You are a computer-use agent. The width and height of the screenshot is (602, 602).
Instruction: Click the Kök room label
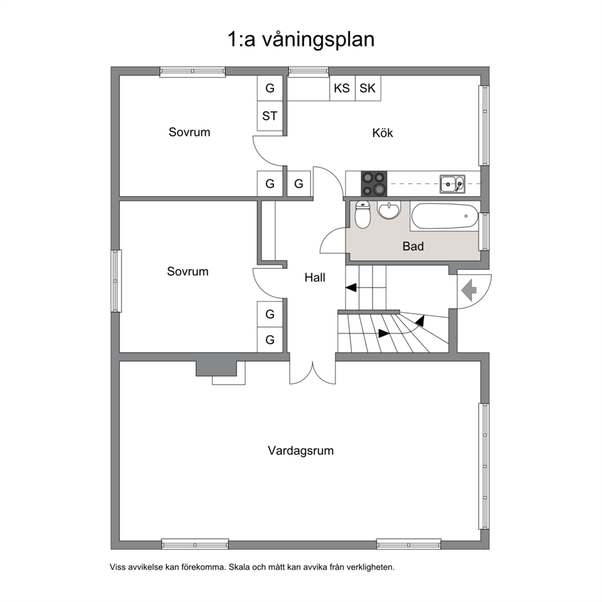[x=382, y=133]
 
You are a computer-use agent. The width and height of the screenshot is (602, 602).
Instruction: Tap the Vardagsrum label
[x=300, y=450]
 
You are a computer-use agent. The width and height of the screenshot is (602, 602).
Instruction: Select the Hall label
[x=315, y=277]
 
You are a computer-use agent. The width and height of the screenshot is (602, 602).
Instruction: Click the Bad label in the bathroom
[x=413, y=246]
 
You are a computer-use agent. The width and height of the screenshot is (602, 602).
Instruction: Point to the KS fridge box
[x=342, y=88]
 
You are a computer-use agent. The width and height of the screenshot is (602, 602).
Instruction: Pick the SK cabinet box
[x=368, y=88]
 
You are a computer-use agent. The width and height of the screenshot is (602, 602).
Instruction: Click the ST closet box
[x=270, y=116]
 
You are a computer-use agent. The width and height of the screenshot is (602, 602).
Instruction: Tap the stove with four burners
[x=374, y=183]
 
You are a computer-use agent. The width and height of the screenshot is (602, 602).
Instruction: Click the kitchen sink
[x=452, y=184]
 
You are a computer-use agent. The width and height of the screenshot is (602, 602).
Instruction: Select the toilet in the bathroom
[x=362, y=214]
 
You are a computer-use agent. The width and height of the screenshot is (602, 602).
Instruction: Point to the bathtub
[x=445, y=217]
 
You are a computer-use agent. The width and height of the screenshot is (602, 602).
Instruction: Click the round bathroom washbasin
[x=389, y=210]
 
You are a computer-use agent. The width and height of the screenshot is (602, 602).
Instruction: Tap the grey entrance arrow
[x=468, y=290]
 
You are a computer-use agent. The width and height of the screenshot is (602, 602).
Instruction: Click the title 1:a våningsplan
[x=301, y=39]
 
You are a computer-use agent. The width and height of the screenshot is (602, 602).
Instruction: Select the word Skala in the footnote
[x=238, y=567]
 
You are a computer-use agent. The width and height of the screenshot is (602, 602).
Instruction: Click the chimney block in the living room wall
[x=216, y=368]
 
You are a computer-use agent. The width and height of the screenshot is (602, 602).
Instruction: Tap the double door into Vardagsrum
[x=313, y=373]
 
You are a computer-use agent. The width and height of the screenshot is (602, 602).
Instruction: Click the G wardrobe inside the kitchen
[x=299, y=184]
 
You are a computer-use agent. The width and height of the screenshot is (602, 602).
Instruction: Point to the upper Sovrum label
[x=189, y=132]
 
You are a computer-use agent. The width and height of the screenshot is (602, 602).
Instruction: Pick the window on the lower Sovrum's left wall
[x=116, y=281]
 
